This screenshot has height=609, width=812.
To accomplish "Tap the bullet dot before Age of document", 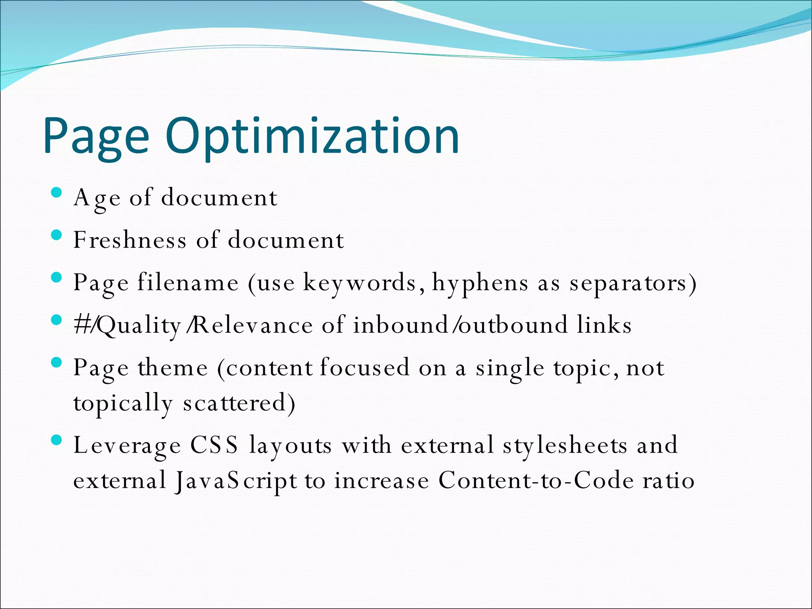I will pos(57,193).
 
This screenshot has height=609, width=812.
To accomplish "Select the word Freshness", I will pos(130,240).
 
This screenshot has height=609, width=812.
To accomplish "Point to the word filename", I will pos(188,283).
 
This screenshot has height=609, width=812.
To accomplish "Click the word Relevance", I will pos(253,325).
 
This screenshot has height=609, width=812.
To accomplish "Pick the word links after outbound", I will pos(604,325).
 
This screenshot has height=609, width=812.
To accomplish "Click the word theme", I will pos(172,368).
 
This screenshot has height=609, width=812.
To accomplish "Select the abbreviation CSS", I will pos(214,445).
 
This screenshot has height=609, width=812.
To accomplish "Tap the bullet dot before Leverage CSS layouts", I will pos(57,440).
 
